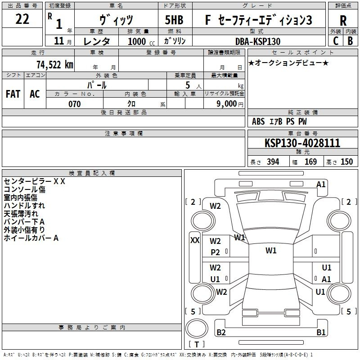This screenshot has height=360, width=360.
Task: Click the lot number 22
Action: [x=22, y=20]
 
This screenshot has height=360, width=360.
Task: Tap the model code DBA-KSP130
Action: [x=258, y=41]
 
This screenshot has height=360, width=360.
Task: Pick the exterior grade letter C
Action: [x=336, y=41]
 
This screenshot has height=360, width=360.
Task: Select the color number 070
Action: [x=74, y=104]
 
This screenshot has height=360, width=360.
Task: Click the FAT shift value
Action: [x=13, y=94]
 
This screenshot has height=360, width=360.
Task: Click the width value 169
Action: [x=310, y=162]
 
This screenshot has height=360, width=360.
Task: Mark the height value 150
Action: [x=346, y=162]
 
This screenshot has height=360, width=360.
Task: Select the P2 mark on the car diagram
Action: [x=215, y=252]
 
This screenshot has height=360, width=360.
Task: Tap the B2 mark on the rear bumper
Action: [x=221, y=333]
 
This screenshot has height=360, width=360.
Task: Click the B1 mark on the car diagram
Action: [x=321, y=333]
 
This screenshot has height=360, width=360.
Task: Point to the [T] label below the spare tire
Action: [x=197, y=344]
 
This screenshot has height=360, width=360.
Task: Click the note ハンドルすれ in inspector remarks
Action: [x=21, y=206]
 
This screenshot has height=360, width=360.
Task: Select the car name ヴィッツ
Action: [x=115, y=20]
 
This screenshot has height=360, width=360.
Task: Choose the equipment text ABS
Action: [x=258, y=121]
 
